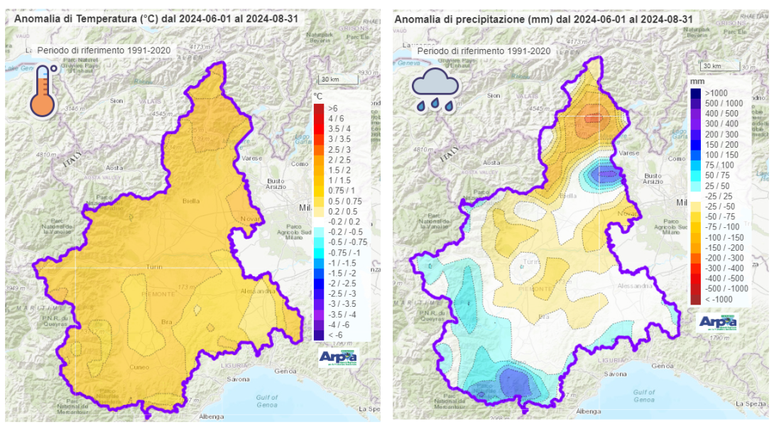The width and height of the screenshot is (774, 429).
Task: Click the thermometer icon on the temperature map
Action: (43, 91)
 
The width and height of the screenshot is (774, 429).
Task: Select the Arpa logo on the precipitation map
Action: (718, 322)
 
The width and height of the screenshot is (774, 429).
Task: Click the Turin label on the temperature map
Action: (153, 267)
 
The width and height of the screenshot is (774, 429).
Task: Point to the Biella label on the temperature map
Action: (190, 200)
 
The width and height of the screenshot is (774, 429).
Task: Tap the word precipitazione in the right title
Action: (485, 18)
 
